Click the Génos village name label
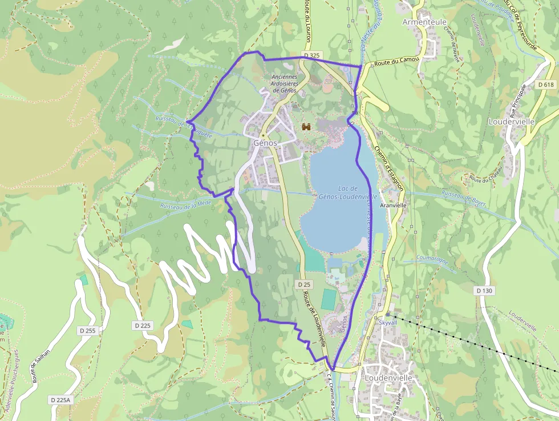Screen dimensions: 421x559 pos(265,143)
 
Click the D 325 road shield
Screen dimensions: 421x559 pos(311,55)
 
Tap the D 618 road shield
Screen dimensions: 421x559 pos(546,85)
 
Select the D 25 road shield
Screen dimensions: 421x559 pos(303,284)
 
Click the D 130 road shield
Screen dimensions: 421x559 pos(484,291)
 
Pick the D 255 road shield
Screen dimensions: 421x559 pos(87,331)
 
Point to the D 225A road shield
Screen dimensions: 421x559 pos(60,400)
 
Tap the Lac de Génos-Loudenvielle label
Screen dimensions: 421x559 pos(347,193)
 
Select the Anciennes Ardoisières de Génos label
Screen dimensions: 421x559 pos(285,83)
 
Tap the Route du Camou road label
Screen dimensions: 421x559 pos(396,61)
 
